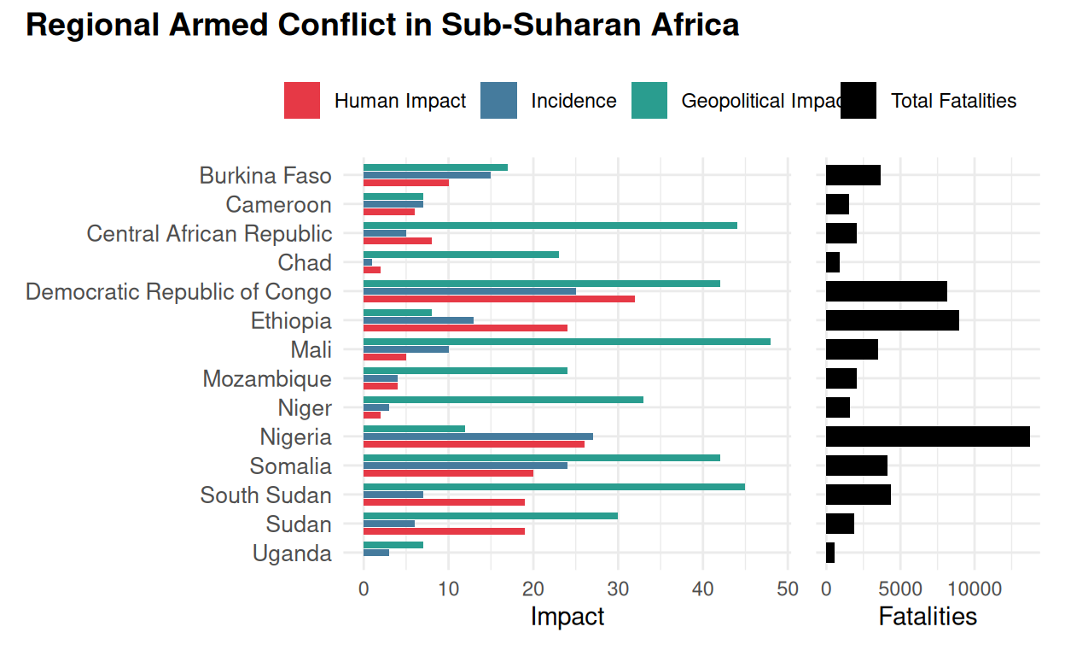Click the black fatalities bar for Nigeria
click(928, 436)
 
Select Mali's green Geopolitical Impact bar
click(567, 342)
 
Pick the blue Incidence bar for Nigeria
click(478, 436)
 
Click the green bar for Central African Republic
click(550, 225)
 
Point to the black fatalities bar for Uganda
click(830, 553)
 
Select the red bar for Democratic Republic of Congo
click(499, 299)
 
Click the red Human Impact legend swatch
click(302, 101)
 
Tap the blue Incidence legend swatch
click(499, 101)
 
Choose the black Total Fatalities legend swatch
click(858, 101)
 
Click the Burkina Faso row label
click(265, 176)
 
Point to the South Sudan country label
click(265, 495)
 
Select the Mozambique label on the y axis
click(267, 379)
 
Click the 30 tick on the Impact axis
click(618, 589)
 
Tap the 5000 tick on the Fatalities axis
click(900, 589)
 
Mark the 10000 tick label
click(975, 589)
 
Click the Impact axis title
click(567, 617)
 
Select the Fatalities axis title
click(928, 617)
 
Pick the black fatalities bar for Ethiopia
click(893, 320)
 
